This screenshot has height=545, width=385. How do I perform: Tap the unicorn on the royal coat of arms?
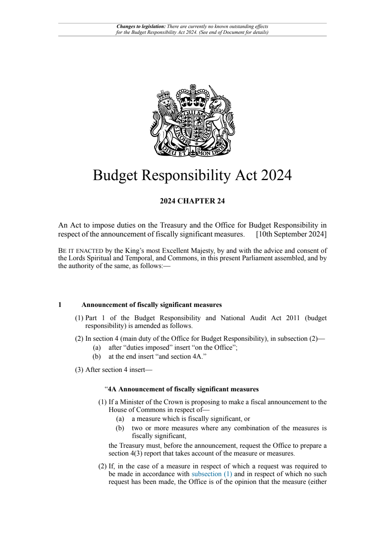[220, 117]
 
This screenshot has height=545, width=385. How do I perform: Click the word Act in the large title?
[246, 175]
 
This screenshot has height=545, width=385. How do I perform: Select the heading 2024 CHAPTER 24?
[192, 201]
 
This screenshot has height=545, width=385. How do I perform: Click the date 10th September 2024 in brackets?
[291, 234]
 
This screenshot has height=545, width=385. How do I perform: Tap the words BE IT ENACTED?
[80, 251]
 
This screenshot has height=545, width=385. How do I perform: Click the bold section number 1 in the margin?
[60, 305]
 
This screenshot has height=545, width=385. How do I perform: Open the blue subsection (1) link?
[212, 474]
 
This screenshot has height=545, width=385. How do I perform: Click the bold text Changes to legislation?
[141, 27]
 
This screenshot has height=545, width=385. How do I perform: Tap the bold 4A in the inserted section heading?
[112, 389]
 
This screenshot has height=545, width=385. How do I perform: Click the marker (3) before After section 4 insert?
[79, 370]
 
